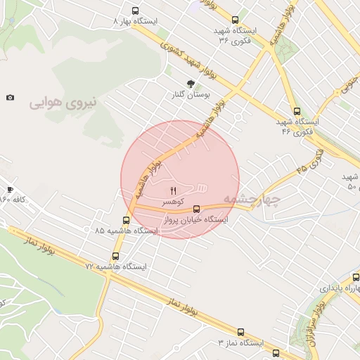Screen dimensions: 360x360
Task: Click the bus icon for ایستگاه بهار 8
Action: coord(136,11)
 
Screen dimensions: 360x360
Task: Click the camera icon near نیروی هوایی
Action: coord(10,98)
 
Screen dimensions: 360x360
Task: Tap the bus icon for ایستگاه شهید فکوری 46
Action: coord(297,111)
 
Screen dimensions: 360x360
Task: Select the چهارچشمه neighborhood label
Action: coord(251,200)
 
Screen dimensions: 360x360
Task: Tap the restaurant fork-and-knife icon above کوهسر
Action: coord(173,190)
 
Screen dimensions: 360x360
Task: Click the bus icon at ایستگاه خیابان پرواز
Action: coord(196,209)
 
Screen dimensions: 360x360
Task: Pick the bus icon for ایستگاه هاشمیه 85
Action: coord(126,220)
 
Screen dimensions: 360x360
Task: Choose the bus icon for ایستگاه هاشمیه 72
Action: coord(115,257)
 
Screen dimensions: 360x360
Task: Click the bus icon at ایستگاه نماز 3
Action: coord(240,332)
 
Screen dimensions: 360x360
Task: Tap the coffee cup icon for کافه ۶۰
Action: coord(10,189)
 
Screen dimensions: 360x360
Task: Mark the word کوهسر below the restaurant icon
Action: coord(173,201)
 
